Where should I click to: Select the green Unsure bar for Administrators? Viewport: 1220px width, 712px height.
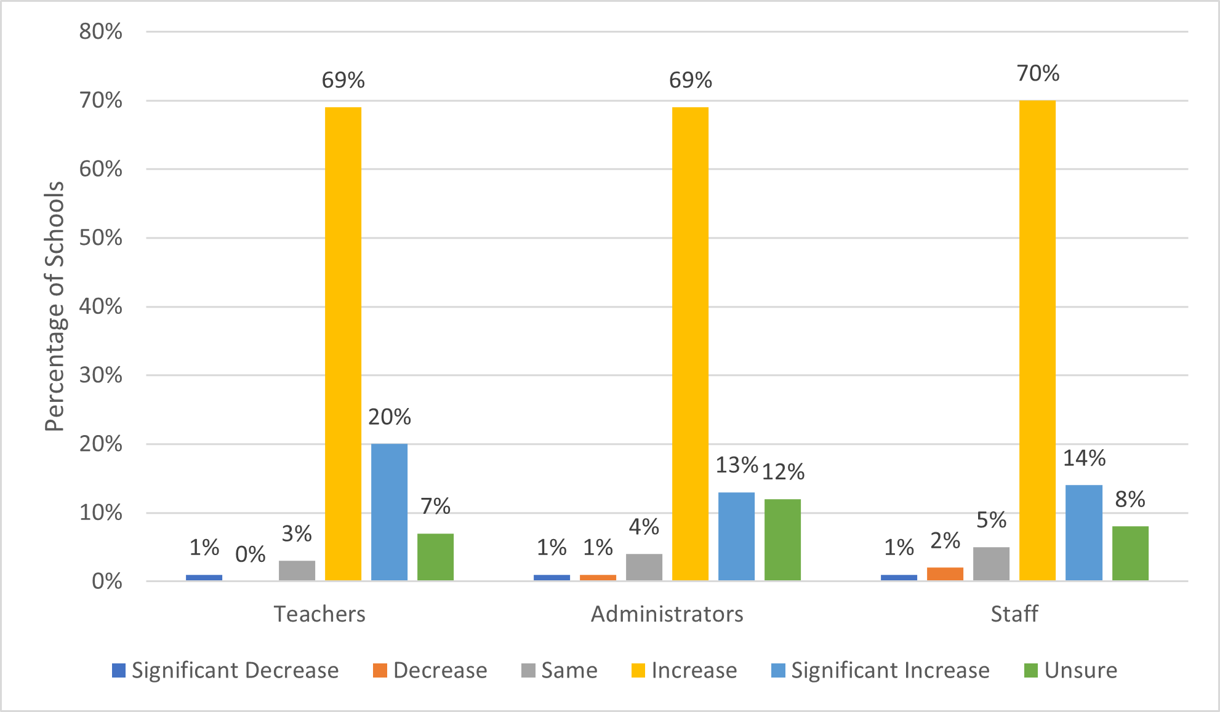click(x=782, y=540)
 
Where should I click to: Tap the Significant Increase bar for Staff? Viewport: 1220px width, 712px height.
click(x=1083, y=532)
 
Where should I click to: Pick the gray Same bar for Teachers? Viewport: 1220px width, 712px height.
click(x=297, y=570)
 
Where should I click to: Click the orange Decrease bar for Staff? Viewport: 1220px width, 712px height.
click(x=945, y=574)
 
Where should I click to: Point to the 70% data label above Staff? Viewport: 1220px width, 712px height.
click(x=1038, y=73)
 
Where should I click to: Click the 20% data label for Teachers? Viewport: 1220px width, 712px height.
click(x=389, y=417)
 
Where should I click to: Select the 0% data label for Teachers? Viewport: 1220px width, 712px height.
click(x=250, y=554)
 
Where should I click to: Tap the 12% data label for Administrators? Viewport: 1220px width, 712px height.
click(x=783, y=472)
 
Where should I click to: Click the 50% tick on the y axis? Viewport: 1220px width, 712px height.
click(x=100, y=238)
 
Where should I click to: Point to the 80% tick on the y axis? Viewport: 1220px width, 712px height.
click(x=100, y=31)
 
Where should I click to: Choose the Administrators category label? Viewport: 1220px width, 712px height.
click(x=667, y=614)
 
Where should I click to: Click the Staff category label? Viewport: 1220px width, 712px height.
click(x=1014, y=614)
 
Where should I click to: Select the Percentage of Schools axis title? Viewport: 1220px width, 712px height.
click(x=54, y=306)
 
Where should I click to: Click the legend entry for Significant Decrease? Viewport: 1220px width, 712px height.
click(x=235, y=670)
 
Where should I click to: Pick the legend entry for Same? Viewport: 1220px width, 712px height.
click(x=569, y=670)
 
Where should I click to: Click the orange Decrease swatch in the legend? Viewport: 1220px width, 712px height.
click(x=380, y=670)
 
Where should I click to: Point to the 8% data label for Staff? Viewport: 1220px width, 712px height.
click(x=1130, y=499)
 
